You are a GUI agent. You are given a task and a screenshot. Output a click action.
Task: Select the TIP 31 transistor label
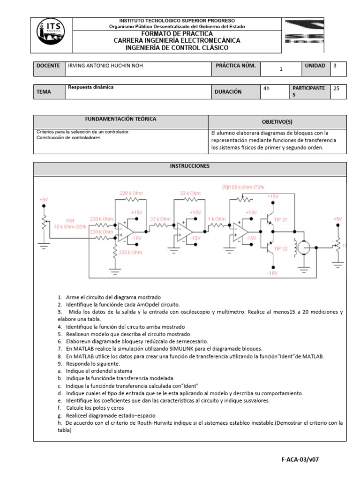click(281, 220)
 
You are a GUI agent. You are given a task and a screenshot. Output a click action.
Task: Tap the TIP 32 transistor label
click(281, 248)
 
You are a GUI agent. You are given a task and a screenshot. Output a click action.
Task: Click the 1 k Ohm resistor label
click(217, 219)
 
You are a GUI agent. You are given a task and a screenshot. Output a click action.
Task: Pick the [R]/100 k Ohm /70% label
click(243, 187)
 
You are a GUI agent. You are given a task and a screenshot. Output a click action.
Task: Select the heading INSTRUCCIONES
click(190, 166)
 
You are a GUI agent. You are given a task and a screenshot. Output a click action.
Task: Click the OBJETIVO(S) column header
click(277, 122)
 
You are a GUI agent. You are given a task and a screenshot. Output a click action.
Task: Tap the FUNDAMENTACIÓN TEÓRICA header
click(120, 120)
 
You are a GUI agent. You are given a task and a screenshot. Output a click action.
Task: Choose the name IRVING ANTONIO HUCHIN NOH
click(105, 66)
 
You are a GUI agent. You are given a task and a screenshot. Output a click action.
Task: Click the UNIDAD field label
click(315, 66)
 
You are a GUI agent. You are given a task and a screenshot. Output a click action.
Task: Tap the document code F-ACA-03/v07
click(300, 460)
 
